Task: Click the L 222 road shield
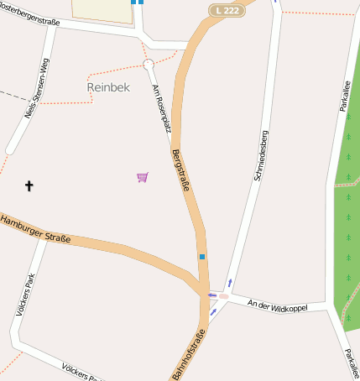(x=227, y=10)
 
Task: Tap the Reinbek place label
(x=108, y=87)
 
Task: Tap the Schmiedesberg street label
(x=261, y=156)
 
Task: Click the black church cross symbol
(x=29, y=185)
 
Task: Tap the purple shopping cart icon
(x=143, y=177)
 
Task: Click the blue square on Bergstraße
(x=201, y=256)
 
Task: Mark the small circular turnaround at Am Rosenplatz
(x=149, y=65)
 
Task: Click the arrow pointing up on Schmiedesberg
(x=230, y=283)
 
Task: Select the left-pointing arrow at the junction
(x=211, y=295)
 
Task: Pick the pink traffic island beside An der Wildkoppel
(x=223, y=295)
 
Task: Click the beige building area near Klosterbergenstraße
(x=101, y=10)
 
